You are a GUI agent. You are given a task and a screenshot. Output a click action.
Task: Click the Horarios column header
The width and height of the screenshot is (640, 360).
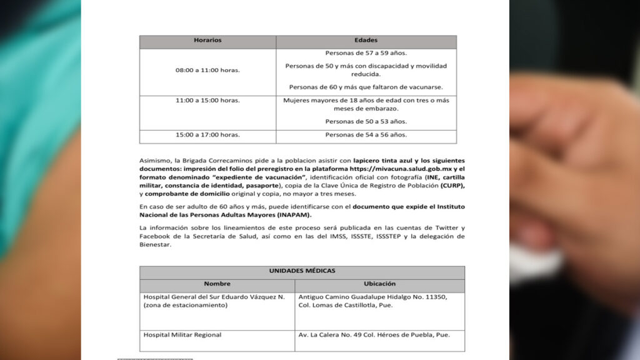pos(207,41)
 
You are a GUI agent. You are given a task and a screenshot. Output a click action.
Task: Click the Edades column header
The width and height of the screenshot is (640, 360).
pos(366,41)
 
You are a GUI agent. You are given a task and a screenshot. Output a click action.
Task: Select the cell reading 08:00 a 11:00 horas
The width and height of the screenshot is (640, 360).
pos(207,71)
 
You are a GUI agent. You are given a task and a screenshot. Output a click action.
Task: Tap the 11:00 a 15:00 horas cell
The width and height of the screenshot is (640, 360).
pos(207,100)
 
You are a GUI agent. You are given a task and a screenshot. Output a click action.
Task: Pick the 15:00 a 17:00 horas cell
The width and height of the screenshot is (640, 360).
pos(207,134)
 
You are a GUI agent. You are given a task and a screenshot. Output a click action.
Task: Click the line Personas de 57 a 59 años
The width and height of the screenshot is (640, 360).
pos(366,53)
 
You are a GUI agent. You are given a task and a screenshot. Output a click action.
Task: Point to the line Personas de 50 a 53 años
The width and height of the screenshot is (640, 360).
pos(366,121)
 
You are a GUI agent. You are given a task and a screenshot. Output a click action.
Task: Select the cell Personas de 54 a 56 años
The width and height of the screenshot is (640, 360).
pos(366,134)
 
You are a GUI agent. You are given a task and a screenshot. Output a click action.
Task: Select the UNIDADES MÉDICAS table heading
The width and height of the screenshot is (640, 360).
pos(302,271)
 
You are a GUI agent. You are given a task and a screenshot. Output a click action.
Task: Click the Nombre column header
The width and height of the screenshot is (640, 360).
pos(217,284)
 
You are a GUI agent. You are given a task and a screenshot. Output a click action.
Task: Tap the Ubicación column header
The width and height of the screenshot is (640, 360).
pos(379,284)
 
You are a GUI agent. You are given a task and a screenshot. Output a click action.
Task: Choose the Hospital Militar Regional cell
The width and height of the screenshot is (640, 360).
pos(182,335)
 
